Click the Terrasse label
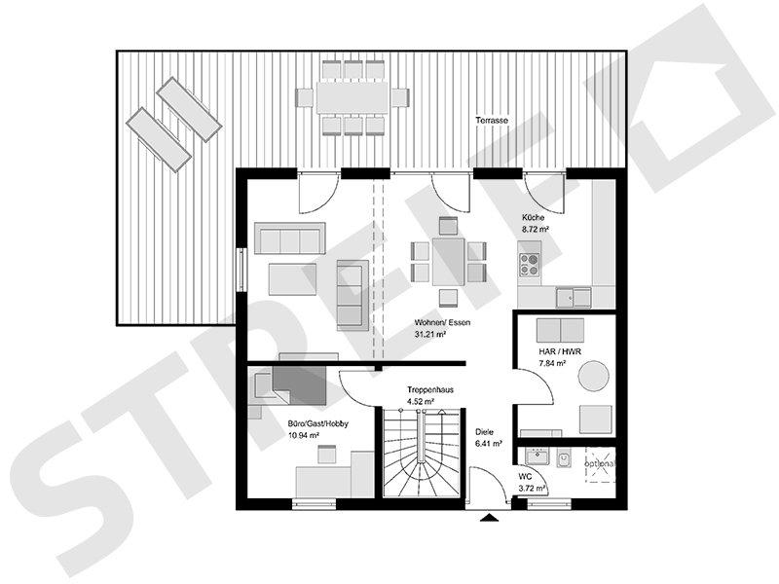point(491,120)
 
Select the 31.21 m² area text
point(429,334)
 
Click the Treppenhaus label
point(429,388)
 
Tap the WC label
point(526,476)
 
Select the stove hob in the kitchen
point(530,264)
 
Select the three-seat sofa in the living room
point(288,237)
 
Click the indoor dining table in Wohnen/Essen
point(447,261)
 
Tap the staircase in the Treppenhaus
point(421,453)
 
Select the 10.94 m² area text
point(304,436)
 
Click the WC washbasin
point(535,456)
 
